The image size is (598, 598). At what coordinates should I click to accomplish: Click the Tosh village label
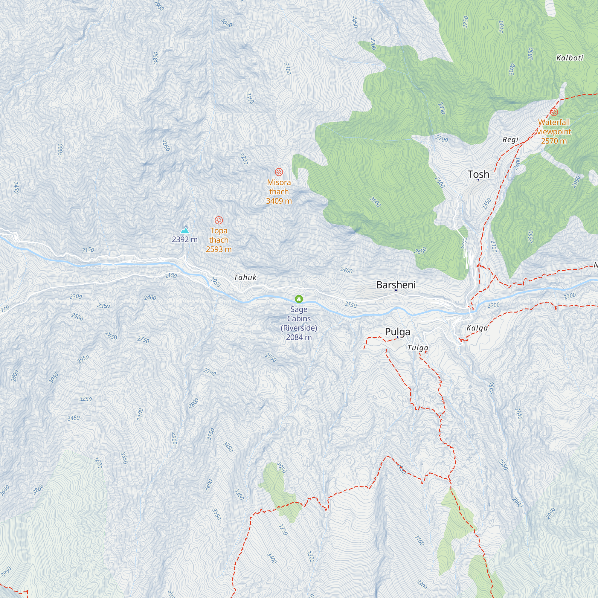point(478,174)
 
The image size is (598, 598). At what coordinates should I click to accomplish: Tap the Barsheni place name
point(396,285)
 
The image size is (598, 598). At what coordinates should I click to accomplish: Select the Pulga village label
point(397,332)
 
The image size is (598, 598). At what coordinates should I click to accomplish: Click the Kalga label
point(477,328)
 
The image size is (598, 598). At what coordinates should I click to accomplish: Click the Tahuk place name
point(245,277)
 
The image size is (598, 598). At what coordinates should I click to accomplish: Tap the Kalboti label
point(570,58)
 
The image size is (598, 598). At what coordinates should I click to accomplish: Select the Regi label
point(510,140)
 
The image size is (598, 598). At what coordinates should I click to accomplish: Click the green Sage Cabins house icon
point(299,299)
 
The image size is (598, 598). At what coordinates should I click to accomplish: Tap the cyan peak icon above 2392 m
point(185,230)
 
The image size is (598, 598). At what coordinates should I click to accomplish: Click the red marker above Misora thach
point(279,172)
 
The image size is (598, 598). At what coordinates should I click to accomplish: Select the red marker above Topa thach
point(219,220)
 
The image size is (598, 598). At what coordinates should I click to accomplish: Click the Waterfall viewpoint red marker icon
point(554,112)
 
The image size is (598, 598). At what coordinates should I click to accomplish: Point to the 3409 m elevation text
point(279,201)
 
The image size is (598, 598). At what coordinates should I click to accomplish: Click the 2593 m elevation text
point(219,249)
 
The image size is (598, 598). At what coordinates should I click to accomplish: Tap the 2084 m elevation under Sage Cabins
point(299,337)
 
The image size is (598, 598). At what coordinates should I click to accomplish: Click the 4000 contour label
point(227,23)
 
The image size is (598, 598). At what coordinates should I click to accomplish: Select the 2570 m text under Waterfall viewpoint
point(554,141)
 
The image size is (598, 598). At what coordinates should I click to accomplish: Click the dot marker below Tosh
point(478,180)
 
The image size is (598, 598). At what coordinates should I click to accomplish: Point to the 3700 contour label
point(288,69)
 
